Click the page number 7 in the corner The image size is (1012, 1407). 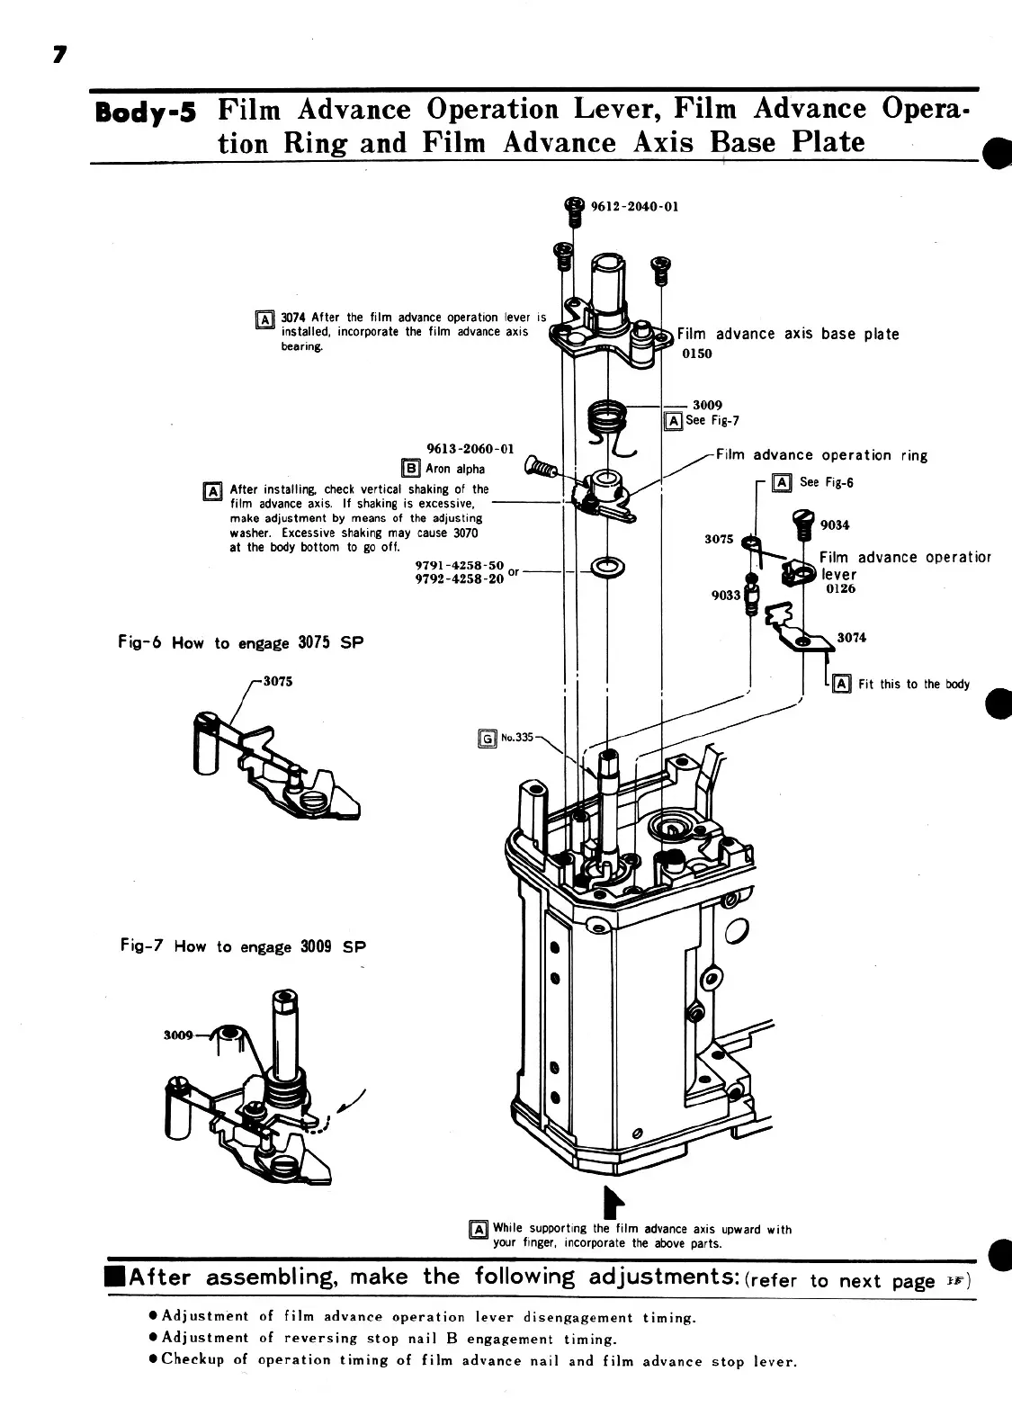pos(59,56)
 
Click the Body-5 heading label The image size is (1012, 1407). pos(146,114)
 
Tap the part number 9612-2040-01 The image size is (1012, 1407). pos(634,205)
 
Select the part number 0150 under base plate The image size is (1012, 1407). pos(696,354)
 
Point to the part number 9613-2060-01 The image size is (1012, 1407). pos(469,448)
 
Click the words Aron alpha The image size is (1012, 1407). pos(455,469)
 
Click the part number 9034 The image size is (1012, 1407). pos(834,524)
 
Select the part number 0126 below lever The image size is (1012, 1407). pos(840,589)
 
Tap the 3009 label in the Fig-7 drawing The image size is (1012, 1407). pos(178,1035)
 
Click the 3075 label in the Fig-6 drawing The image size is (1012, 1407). pos(278,681)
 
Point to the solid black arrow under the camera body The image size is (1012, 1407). pos(613,1200)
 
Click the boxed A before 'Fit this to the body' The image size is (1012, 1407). pos(842,684)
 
